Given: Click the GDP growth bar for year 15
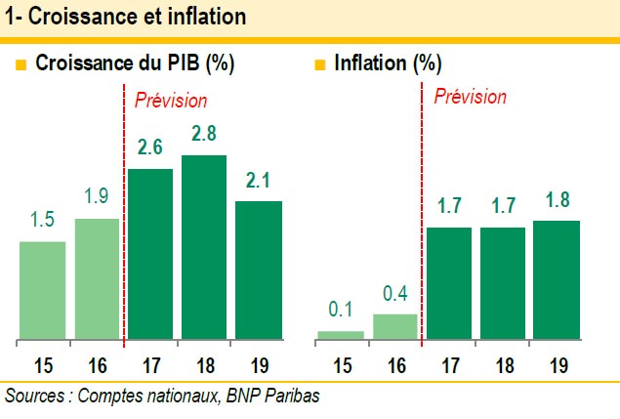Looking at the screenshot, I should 42,291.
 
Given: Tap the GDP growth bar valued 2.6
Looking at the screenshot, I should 149,255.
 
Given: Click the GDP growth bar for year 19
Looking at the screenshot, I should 257,271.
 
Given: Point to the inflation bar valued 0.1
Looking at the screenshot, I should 340,336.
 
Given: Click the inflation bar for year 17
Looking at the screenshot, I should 448,284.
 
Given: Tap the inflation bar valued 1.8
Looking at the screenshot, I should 557,281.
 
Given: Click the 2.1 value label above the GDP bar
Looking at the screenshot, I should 257,181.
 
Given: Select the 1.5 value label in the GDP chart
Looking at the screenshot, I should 42,221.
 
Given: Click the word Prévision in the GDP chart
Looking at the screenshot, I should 171,100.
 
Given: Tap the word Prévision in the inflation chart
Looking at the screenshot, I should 470,98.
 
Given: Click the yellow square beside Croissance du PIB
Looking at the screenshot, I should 21,66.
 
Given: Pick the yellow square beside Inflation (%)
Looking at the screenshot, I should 319,66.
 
